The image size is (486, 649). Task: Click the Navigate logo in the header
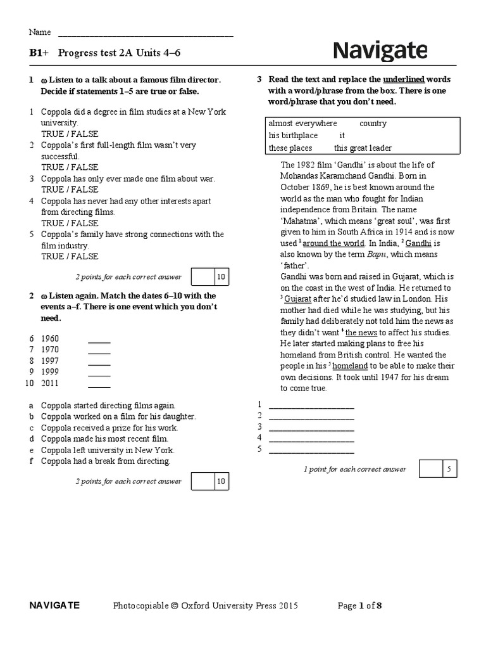pos(380,51)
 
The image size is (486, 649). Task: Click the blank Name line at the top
pos(146,35)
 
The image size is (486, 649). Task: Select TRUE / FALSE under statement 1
pos(70,134)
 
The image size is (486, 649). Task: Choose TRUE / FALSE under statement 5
pos(70,256)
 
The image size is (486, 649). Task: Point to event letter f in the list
pos(31,461)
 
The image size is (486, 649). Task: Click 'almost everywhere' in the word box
pos(302,123)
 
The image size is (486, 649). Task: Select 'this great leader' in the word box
pos(363,148)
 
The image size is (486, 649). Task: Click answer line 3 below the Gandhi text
pos(311,427)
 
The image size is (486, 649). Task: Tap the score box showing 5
pos(449,469)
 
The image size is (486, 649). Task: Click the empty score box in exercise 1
pos(202,277)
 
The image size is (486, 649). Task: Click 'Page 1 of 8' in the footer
pos(359,605)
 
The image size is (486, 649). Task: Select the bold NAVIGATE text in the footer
pos(54,605)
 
